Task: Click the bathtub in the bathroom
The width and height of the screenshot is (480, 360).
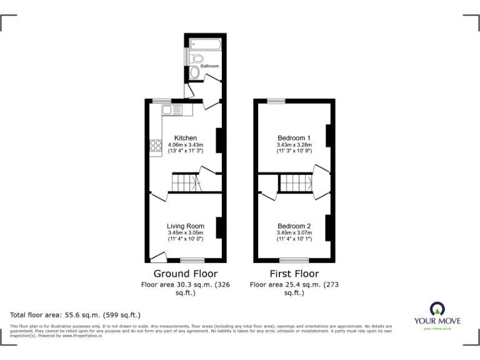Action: pyautogui.click(x=204, y=44)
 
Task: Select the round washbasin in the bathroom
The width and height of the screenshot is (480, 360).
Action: pyautogui.click(x=195, y=73)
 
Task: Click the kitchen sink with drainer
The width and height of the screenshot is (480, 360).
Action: pyautogui.click(x=172, y=111)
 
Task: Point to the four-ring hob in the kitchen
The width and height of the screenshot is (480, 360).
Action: pyautogui.click(x=155, y=146)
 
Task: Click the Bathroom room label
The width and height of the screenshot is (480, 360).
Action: pyautogui.click(x=210, y=66)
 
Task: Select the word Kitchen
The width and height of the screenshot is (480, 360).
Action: pyautogui.click(x=186, y=138)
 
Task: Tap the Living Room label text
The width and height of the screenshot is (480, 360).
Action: pyautogui.click(x=186, y=226)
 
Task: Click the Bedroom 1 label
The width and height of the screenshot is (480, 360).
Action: pyautogui.click(x=294, y=138)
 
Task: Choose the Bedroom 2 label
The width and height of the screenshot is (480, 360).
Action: pyautogui.click(x=294, y=226)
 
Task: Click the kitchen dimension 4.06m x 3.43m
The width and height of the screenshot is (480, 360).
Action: pyautogui.click(x=186, y=145)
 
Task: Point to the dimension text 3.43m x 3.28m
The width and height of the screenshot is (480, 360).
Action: pyautogui.click(x=294, y=145)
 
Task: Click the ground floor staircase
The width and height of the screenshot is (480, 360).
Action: pyautogui.click(x=186, y=183)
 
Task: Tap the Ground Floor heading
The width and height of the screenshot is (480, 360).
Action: pyautogui.click(x=186, y=274)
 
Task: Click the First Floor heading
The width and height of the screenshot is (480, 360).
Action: pyautogui.click(x=294, y=274)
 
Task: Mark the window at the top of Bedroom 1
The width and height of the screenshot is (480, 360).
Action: pyautogui.click(x=276, y=101)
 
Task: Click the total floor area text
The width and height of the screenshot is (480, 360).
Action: pyautogui.click(x=76, y=314)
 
